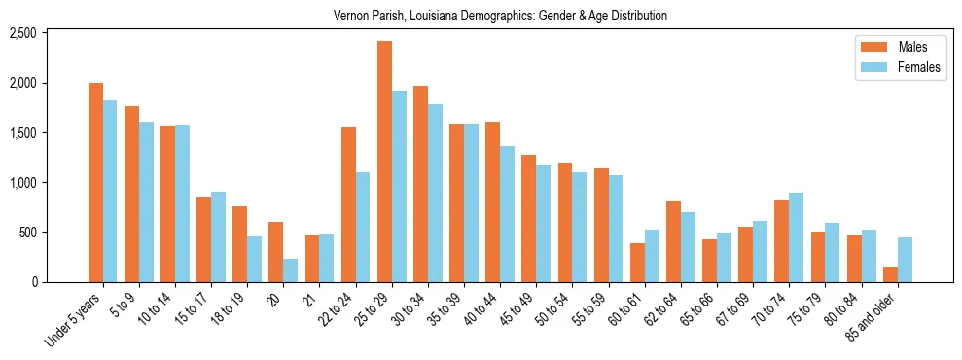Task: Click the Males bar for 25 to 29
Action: tap(384, 162)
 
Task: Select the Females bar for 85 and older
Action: tap(905, 260)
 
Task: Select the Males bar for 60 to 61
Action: tap(637, 263)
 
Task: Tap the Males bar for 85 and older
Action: tap(890, 274)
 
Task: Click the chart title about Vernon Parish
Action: tap(500, 17)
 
